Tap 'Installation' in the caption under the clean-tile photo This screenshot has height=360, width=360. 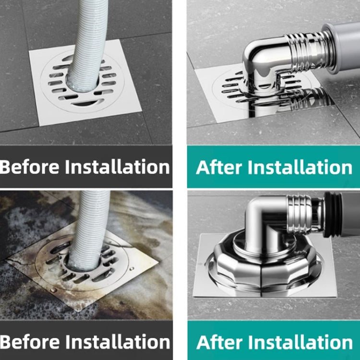pyautogui.click(x=117, y=167)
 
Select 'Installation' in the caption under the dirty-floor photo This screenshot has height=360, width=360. pyautogui.click(x=117, y=342)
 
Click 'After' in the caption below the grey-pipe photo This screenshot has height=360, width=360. pyautogui.click(x=219, y=167)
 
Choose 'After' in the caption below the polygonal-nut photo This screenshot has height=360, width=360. pyautogui.click(x=219, y=342)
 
